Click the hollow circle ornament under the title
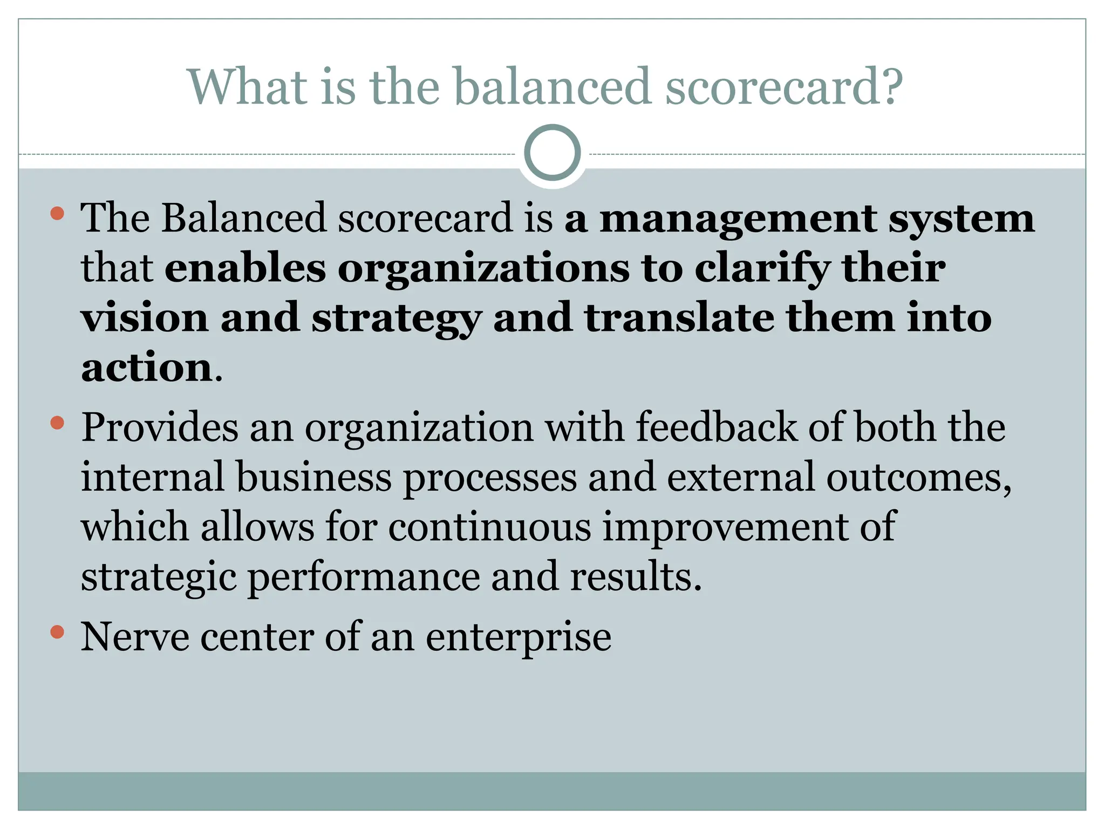[552, 153]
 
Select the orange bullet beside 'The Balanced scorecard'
[57, 214]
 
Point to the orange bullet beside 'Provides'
[57, 423]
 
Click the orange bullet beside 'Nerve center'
[57, 631]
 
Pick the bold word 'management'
[738, 219]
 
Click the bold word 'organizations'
[483, 268]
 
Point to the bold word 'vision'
[145, 318]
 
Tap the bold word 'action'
[147, 368]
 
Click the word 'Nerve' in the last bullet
[135, 637]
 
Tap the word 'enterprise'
[519, 637]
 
